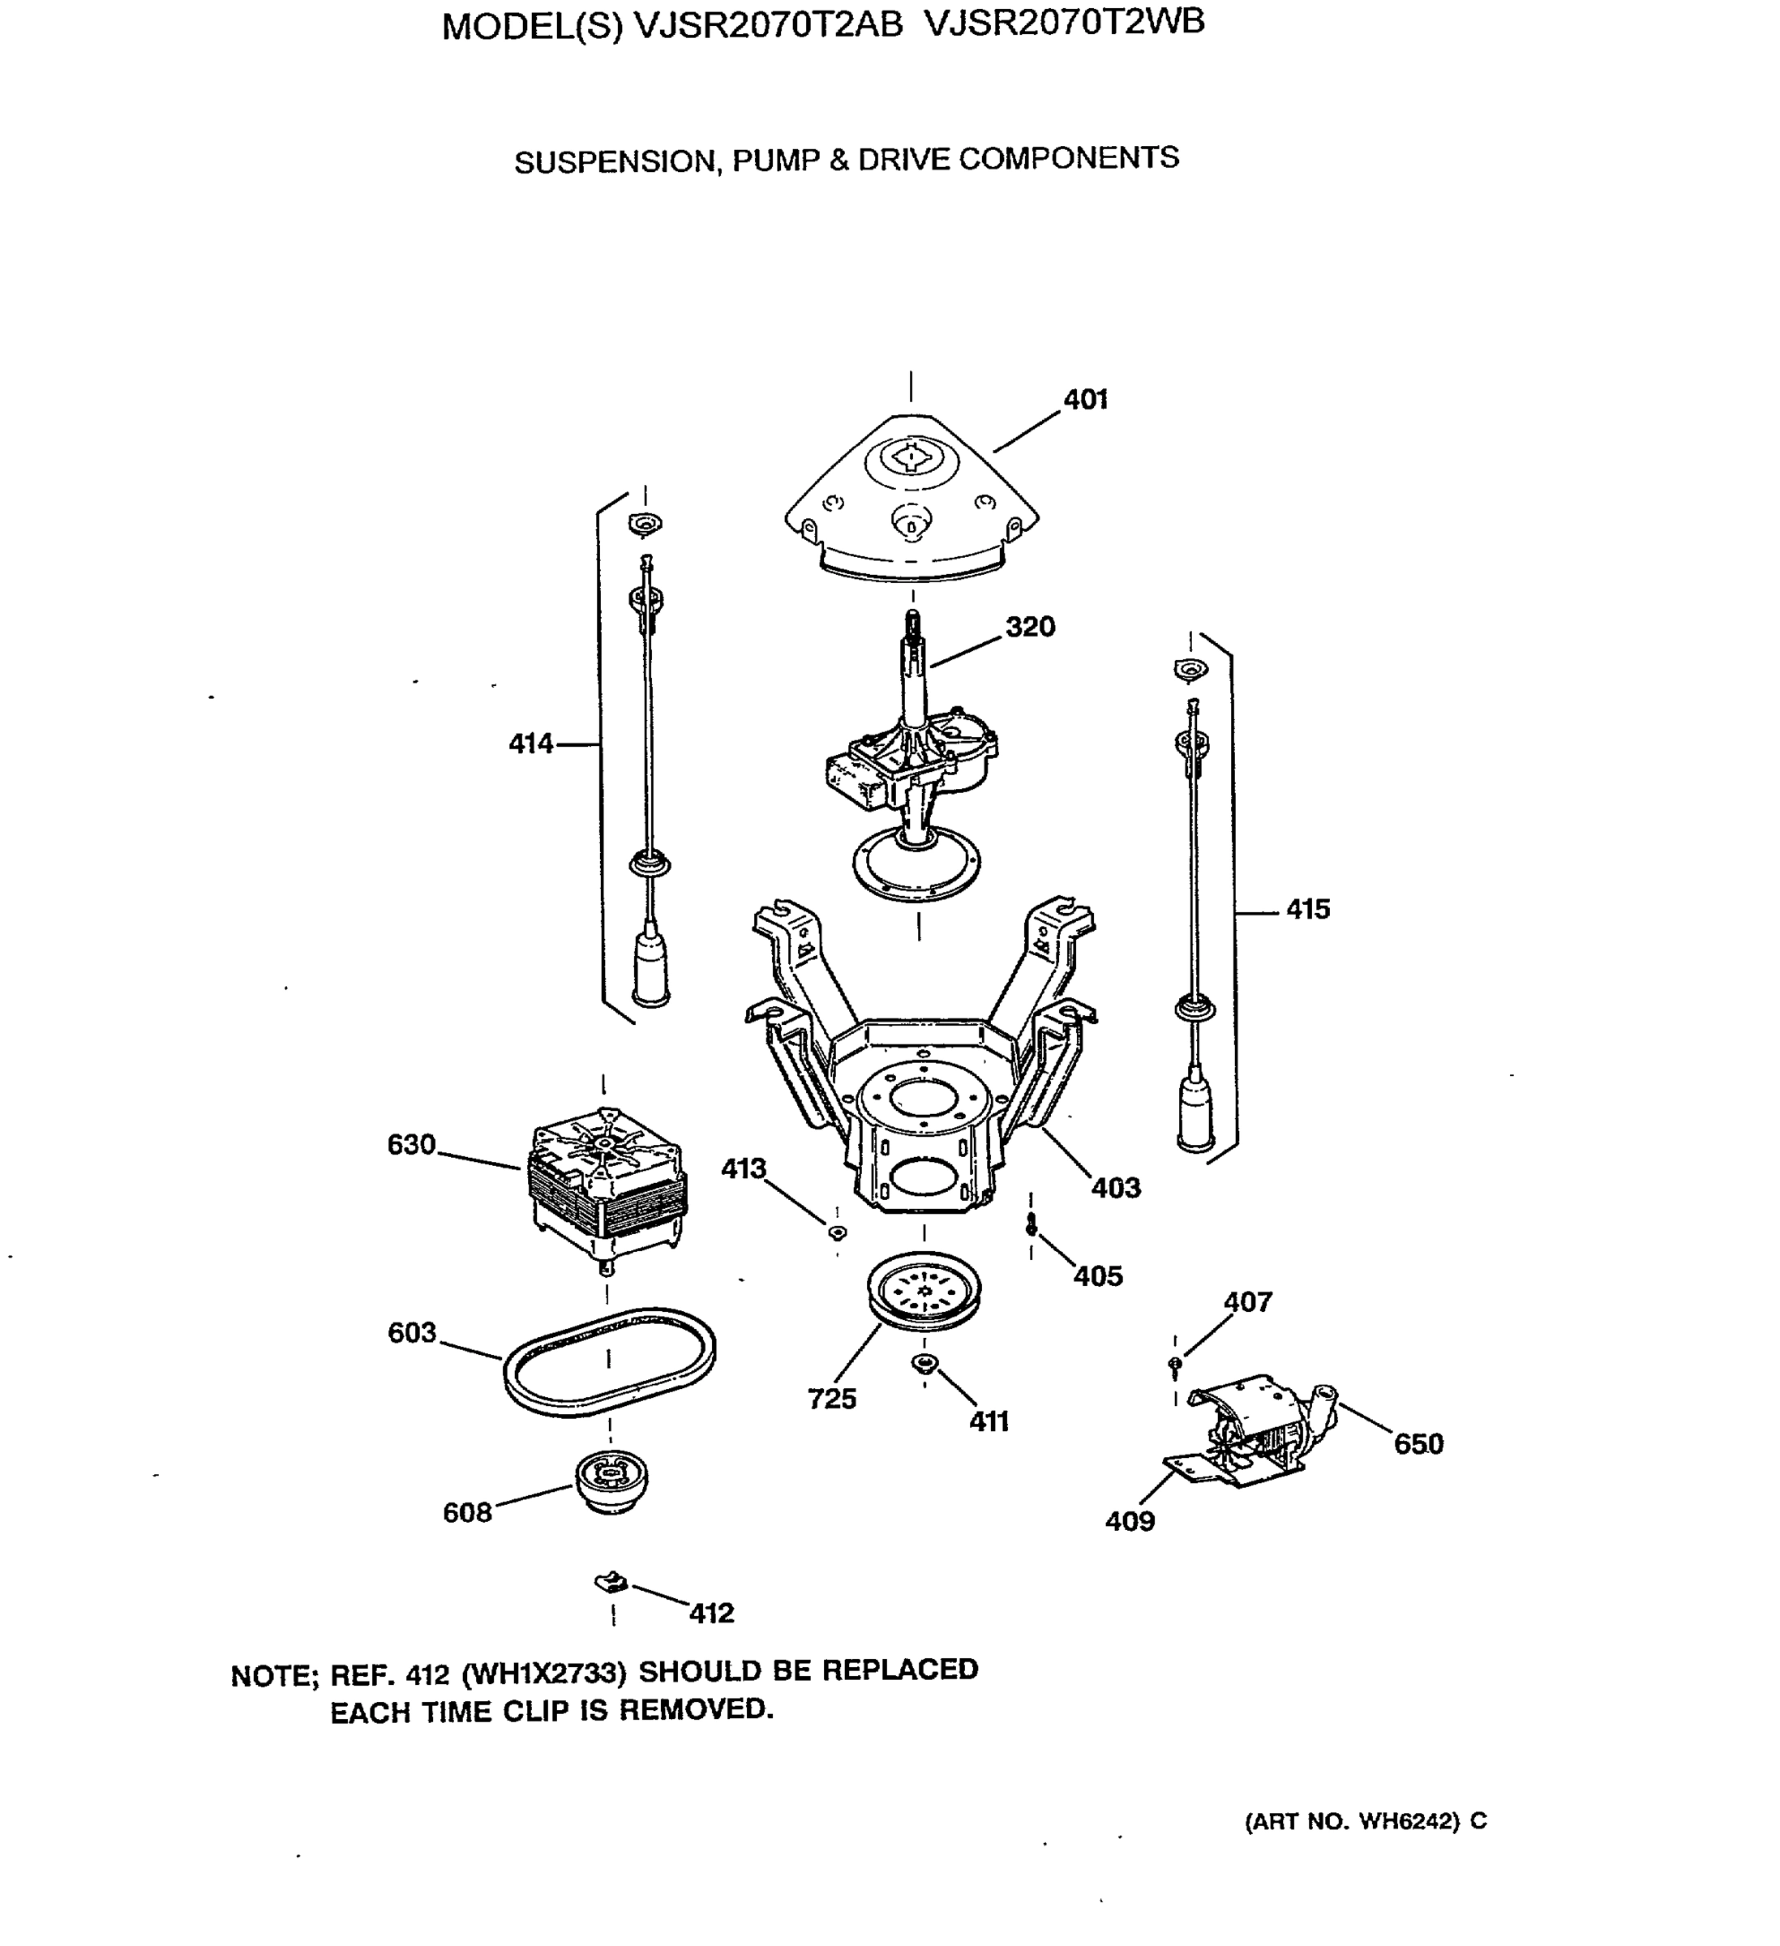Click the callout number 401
1085,400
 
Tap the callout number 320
1030,627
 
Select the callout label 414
531,744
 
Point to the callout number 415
1308,909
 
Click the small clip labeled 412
610,1583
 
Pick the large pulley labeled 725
924,1292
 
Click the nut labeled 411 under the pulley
924,1363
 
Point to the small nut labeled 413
838,1232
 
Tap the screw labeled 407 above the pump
1175,1363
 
